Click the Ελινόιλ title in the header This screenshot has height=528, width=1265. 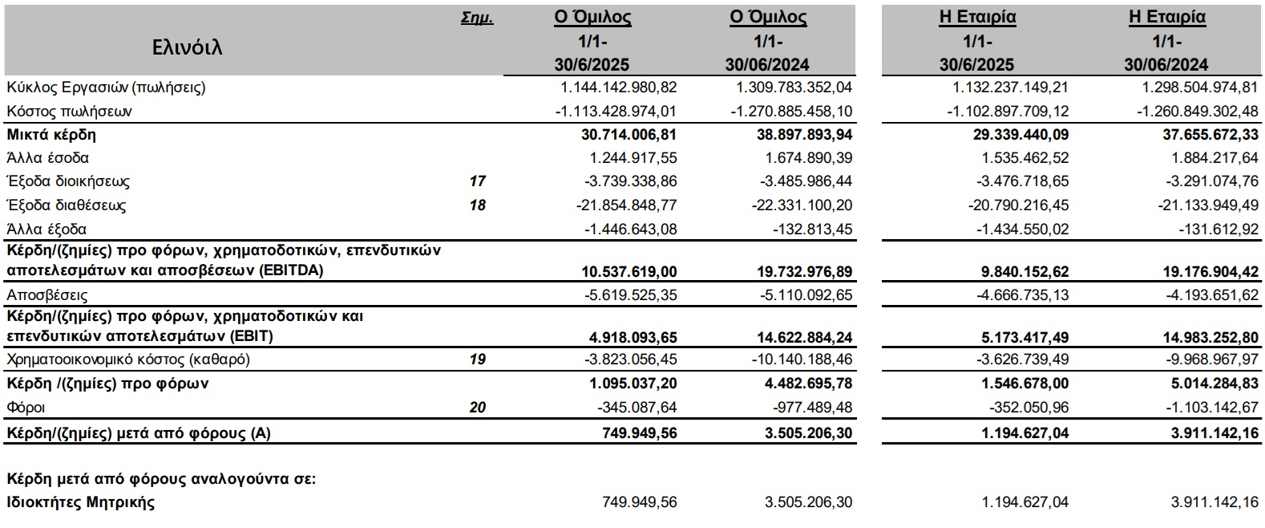coord(187,47)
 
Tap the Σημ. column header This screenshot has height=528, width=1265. coord(477,18)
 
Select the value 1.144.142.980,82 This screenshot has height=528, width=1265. coord(616,87)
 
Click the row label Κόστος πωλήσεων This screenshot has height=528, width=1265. coord(69,112)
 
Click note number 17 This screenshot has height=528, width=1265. coord(477,181)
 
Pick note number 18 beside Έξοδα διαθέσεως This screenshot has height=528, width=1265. coord(477,205)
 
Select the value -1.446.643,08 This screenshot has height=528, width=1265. coord(631,229)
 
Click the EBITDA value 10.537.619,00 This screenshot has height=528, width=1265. coord(629,270)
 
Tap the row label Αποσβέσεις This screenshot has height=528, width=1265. coord(47,294)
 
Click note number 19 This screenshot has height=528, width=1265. coord(477,359)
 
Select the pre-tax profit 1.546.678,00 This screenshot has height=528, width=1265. coord(1025,384)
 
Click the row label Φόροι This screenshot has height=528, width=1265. coord(26,408)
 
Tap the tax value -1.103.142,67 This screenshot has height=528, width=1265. coord(1211,408)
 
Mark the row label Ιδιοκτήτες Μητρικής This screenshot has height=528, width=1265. coord(81,503)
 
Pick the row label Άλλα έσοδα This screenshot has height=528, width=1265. coord(48,158)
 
